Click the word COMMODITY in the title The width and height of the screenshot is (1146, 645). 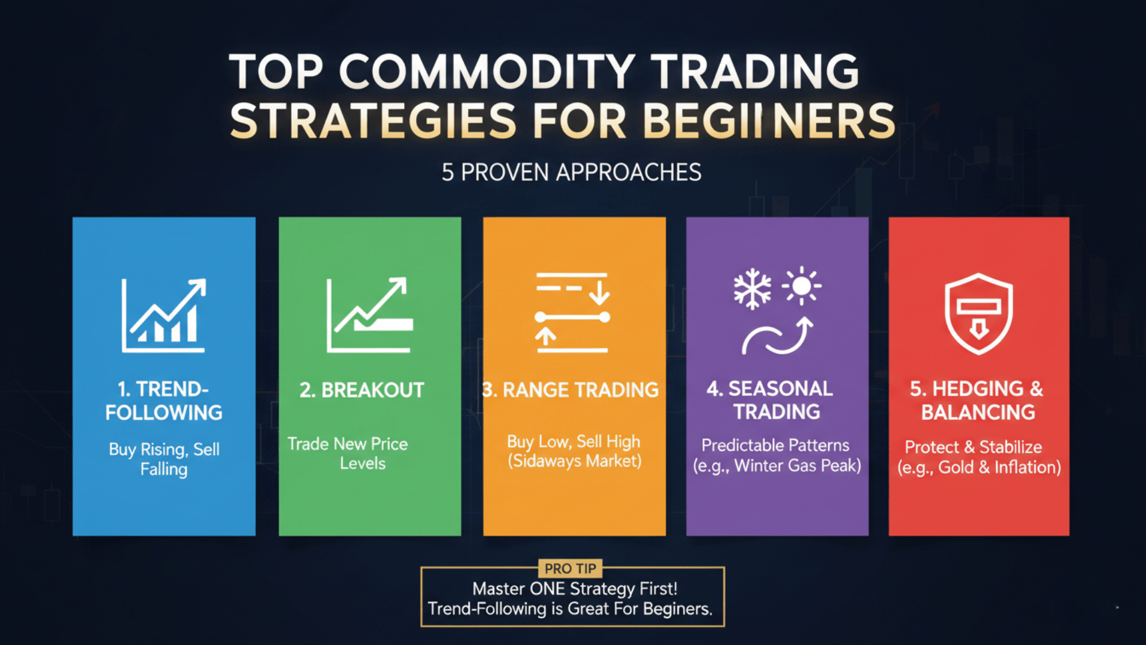pos(486,72)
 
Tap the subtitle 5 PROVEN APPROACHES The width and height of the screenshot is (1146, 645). pos(571,173)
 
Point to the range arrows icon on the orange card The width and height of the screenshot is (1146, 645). pos(572,312)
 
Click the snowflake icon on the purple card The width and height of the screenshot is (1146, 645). pos(752,288)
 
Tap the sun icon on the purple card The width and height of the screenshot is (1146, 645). pos(802,286)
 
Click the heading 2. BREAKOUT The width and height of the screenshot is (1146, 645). pos(362,390)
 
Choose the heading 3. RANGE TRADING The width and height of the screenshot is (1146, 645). pos(571,390)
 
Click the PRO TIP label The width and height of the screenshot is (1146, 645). pos(570,569)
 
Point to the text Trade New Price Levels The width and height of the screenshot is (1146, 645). pos(348,453)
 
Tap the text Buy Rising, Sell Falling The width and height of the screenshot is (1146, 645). pos(164,459)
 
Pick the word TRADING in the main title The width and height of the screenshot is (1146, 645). pos(754,72)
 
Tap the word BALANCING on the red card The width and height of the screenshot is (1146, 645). pos(978,412)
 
